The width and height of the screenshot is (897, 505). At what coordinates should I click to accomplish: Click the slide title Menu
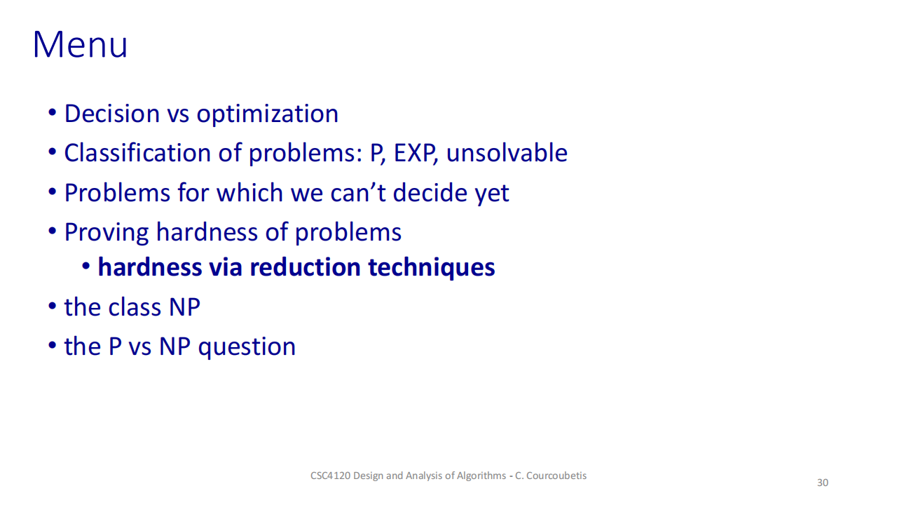click(80, 44)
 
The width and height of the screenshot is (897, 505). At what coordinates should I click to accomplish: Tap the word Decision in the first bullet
click(112, 114)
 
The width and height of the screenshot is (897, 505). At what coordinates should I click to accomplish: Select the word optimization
click(268, 114)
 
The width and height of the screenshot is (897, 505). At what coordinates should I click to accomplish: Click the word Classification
click(137, 153)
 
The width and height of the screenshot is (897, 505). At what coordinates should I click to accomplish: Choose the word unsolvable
click(507, 153)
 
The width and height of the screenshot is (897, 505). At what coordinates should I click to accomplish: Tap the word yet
click(492, 194)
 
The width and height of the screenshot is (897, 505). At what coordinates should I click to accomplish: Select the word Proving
click(107, 233)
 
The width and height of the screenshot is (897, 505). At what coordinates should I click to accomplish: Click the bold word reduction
click(305, 267)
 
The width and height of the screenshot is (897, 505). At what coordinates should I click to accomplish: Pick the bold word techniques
click(432, 268)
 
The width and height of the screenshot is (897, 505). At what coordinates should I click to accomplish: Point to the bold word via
click(226, 267)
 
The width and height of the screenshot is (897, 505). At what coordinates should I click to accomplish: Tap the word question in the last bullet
click(247, 347)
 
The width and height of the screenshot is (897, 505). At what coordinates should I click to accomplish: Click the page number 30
click(823, 483)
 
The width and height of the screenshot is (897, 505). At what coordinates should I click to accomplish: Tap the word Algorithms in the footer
click(481, 476)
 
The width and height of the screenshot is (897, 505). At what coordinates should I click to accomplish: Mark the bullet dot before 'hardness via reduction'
click(85, 266)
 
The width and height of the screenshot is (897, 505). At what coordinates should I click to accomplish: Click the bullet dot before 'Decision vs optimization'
click(52, 113)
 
